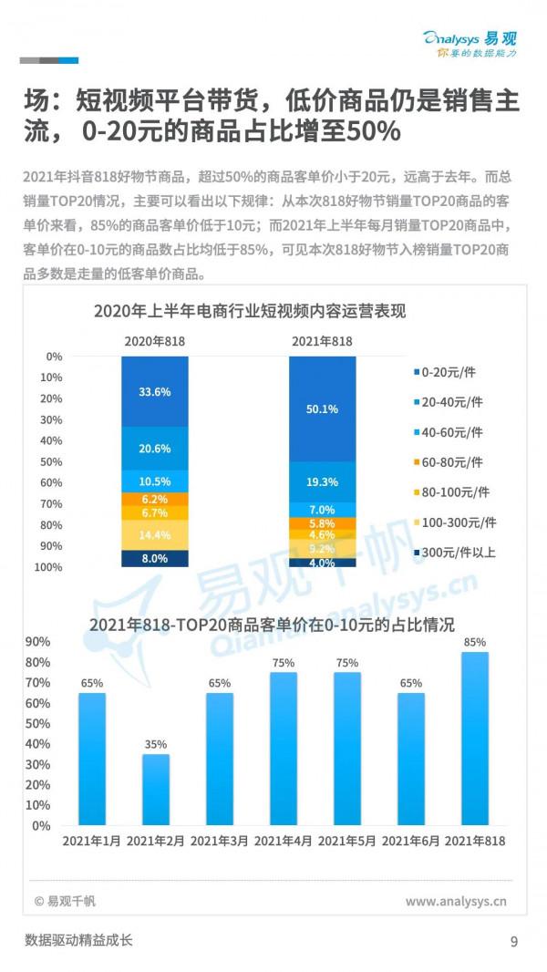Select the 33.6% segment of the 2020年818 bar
pyautogui.click(x=155, y=391)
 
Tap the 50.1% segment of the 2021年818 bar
pyautogui.click(x=322, y=409)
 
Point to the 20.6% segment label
pyautogui.click(x=155, y=449)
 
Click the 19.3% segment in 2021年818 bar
pyautogui.click(x=322, y=481)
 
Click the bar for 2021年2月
pyautogui.click(x=155, y=790)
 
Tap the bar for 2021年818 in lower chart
pyautogui.click(x=475, y=739)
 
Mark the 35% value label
pyautogui.click(x=155, y=743)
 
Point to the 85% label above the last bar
pyautogui.click(x=475, y=641)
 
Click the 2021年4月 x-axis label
pyautogui.click(x=283, y=841)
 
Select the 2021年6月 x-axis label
pyautogui.click(x=410, y=841)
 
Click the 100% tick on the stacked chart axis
pyautogui.click(x=51, y=567)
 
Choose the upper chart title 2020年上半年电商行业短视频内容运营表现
pyautogui.click(x=250, y=311)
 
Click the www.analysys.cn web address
pyautogui.click(x=455, y=902)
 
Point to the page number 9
pyautogui.click(x=514, y=941)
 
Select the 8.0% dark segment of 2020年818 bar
pyautogui.click(x=155, y=558)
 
